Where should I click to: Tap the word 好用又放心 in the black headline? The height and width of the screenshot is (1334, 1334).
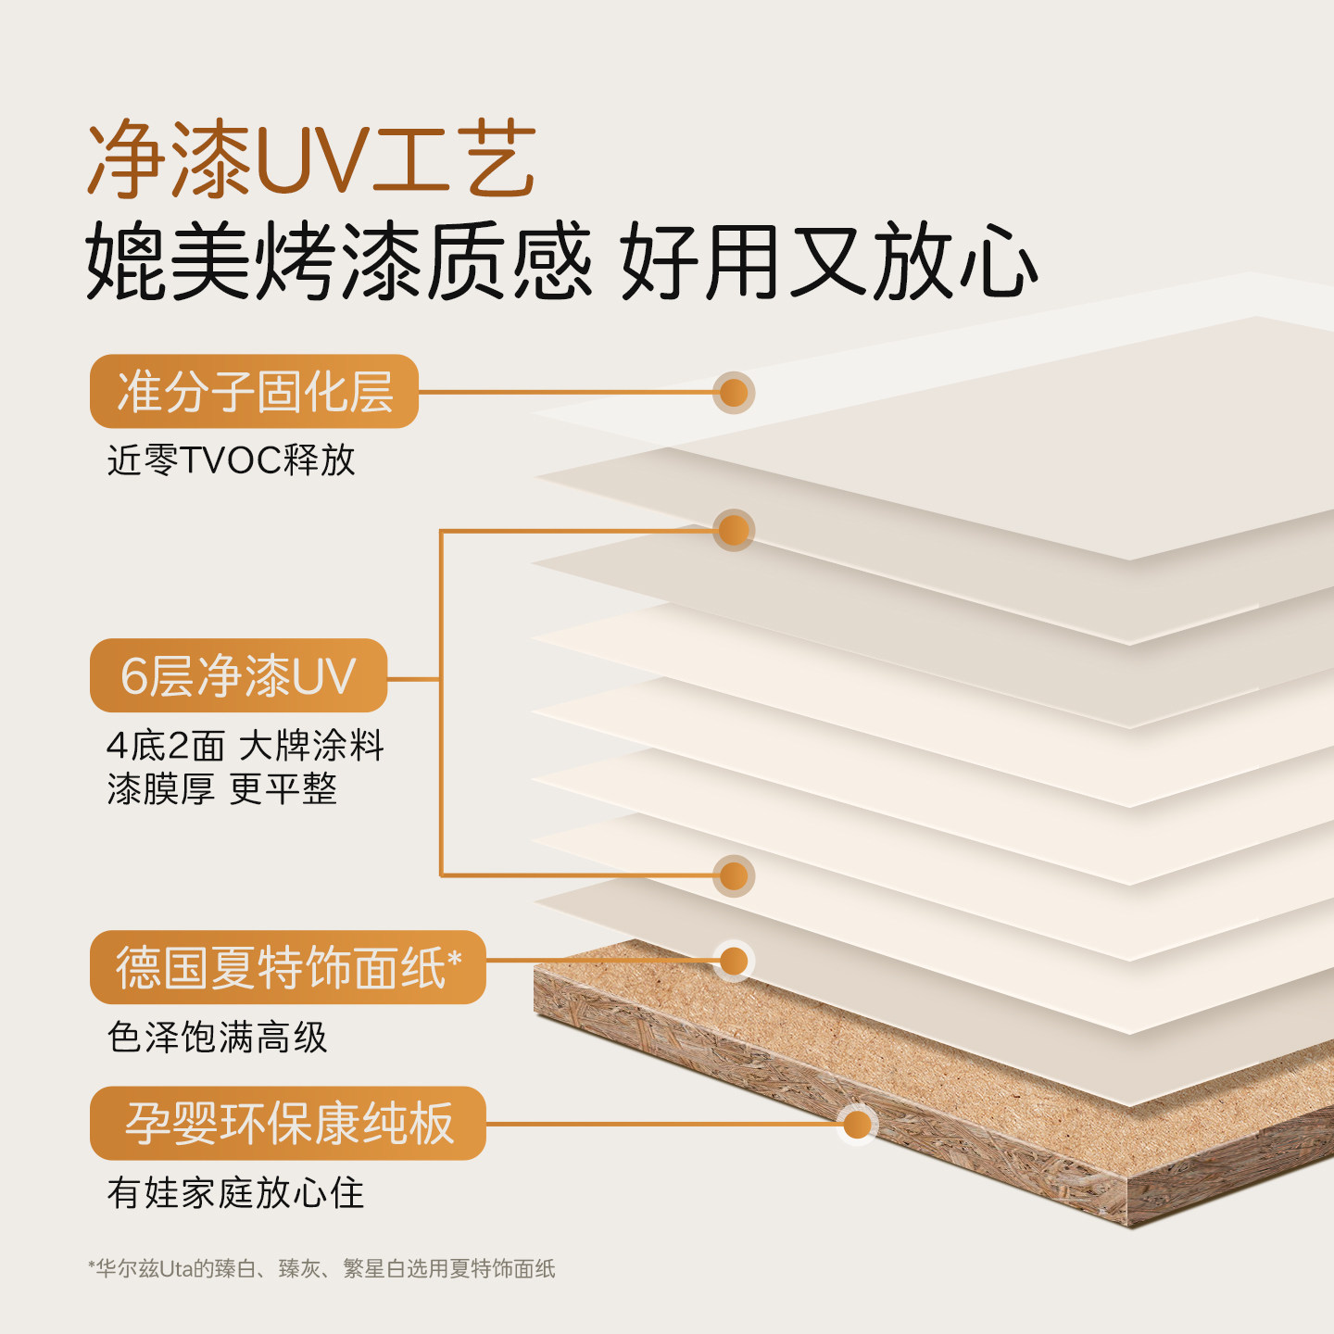828,262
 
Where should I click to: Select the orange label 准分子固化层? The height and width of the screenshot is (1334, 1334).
254,391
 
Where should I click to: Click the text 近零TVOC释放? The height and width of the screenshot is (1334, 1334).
231,459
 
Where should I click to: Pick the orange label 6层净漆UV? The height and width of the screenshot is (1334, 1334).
238,675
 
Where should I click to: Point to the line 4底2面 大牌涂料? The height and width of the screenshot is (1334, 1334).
245,745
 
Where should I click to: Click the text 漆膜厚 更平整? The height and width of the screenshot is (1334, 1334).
221,789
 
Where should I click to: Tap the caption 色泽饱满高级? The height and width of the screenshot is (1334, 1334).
217,1037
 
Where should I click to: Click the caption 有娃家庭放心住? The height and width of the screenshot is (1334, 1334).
235,1193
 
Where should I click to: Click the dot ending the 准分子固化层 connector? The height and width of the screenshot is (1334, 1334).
734,392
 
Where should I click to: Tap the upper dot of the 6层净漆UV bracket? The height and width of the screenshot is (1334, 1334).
734,530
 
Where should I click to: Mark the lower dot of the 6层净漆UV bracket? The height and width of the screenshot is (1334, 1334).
734,875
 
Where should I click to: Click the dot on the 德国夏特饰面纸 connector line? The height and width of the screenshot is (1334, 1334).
734,962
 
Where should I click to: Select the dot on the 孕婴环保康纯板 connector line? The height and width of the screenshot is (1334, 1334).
858,1124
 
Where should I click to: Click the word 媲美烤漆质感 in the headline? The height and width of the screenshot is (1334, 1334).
338,262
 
